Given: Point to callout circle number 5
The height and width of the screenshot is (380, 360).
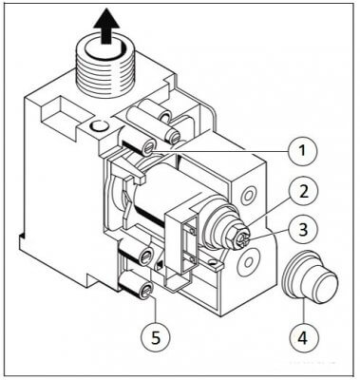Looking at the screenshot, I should [151, 334].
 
